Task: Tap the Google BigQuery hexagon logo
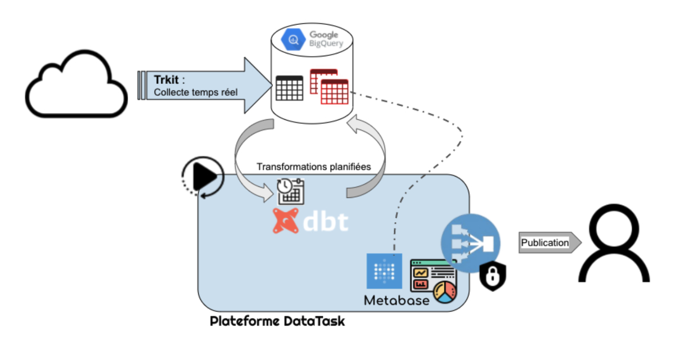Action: coord(294,40)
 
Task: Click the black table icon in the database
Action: coord(289,88)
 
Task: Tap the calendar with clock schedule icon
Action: coord(290,191)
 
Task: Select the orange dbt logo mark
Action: coord(286,220)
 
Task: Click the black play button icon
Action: coord(204,176)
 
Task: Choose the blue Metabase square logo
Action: coord(384,271)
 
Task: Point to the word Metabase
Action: coord(397,300)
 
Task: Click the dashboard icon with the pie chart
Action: coord(434,281)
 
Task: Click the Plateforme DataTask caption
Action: coord(277,322)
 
